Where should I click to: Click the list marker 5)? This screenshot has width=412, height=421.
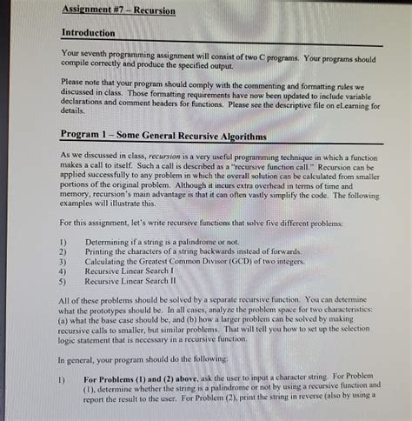pyautogui.click(x=63, y=282)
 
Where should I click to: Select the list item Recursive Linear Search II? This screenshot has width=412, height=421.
pyautogui.click(x=140, y=282)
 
